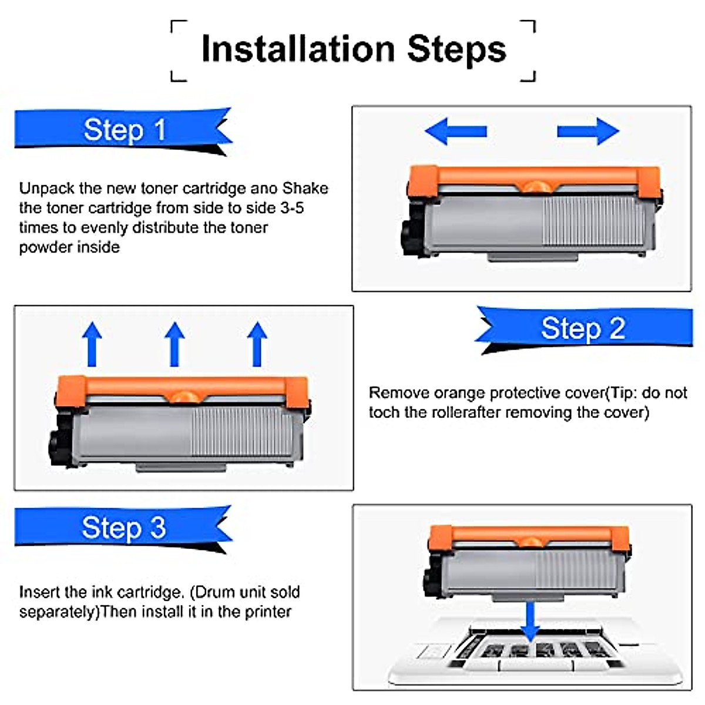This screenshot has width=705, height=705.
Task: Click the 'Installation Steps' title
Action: (x=353, y=49)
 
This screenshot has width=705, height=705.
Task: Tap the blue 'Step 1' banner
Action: (x=124, y=130)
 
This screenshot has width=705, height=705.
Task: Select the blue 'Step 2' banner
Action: (x=583, y=328)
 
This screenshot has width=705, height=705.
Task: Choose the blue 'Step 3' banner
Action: (x=124, y=528)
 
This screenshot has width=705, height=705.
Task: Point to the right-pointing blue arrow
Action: (x=588, y=130)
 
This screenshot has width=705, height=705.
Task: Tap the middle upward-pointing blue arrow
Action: (x=174, y=344)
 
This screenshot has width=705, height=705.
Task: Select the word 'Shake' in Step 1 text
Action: (x=305, y=188)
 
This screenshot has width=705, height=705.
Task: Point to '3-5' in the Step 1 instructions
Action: (x=292, y=208)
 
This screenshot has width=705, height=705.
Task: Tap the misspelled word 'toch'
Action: (x=384, y=412)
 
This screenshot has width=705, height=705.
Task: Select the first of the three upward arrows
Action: (x=92, y=344)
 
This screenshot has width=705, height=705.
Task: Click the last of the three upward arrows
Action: (x=257, y=344)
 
